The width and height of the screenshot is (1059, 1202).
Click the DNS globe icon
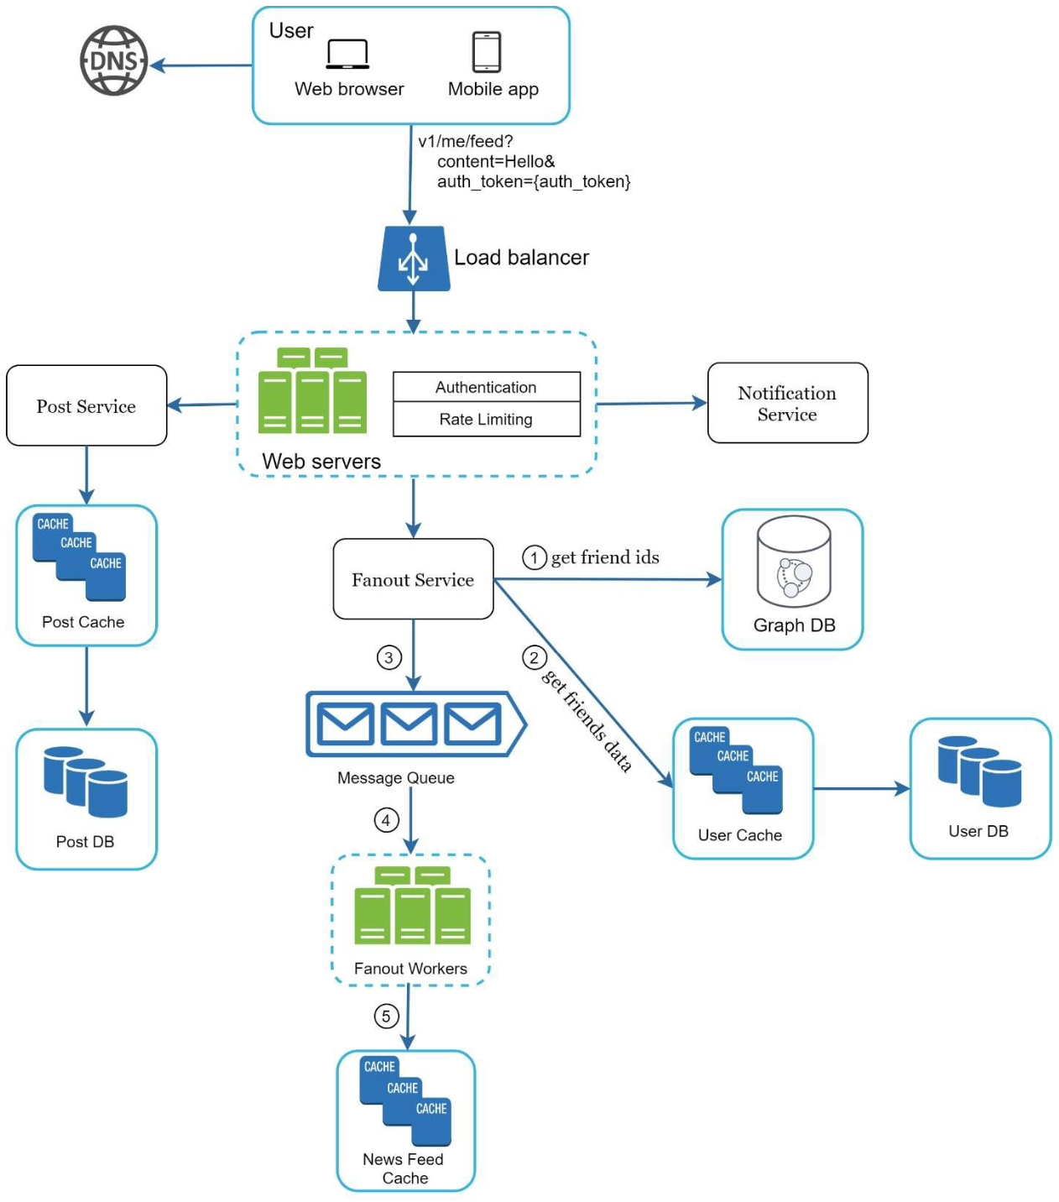pos(113,60)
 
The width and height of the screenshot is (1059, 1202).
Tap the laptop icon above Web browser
pos(347,54)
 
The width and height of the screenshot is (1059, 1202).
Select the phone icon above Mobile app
pos(487,51)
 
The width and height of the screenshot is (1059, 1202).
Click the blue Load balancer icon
pos(414,258)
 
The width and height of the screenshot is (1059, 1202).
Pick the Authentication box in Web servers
pos(487,387)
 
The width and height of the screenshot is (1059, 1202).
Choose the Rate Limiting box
pos(487,420)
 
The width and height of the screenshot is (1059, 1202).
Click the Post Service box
pos(86,405)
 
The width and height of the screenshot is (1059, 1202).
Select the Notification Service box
pos(788,403)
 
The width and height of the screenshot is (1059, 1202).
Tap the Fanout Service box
pos(414,579)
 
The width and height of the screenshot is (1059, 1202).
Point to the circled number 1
pos(534,557)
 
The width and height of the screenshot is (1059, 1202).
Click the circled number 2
pos(534,657)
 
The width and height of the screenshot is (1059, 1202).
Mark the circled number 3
pos(389,657)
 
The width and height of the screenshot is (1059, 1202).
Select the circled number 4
pos(386,821)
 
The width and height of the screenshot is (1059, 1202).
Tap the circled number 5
pos(386,1016)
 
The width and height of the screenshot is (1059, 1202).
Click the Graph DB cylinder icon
pos(794,562)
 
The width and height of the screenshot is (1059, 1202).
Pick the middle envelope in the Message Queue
pos(409,724)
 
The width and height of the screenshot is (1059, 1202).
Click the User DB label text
pos(978,831)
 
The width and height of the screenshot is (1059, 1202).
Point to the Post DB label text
pos(85,842)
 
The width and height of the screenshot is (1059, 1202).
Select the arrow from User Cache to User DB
pos(862,789)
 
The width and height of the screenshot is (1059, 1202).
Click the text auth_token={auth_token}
pos(534,181)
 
